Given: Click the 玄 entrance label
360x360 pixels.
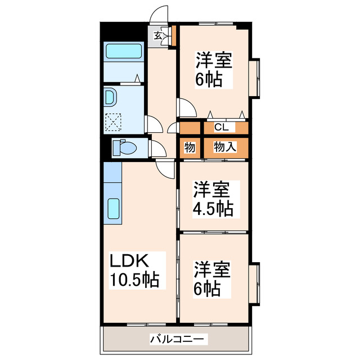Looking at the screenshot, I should click(x=159, y=35).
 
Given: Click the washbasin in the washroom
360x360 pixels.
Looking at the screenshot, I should click(x=110, y=98).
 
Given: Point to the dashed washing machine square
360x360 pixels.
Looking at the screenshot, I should click(x=114, y=122).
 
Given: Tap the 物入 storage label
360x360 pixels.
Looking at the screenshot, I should click(x=225, y=147).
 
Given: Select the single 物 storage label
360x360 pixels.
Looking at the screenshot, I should click(x=190, y=147).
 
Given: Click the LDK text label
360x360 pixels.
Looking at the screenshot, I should click(x=128, y=261).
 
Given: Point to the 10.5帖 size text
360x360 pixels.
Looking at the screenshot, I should click(x=134, y=280).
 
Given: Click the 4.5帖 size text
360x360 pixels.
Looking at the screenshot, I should click(x=214, y=209).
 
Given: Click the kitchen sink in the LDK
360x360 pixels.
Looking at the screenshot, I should click(x=113, y=209).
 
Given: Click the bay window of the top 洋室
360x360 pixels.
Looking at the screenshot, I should click(x=255, y=77).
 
